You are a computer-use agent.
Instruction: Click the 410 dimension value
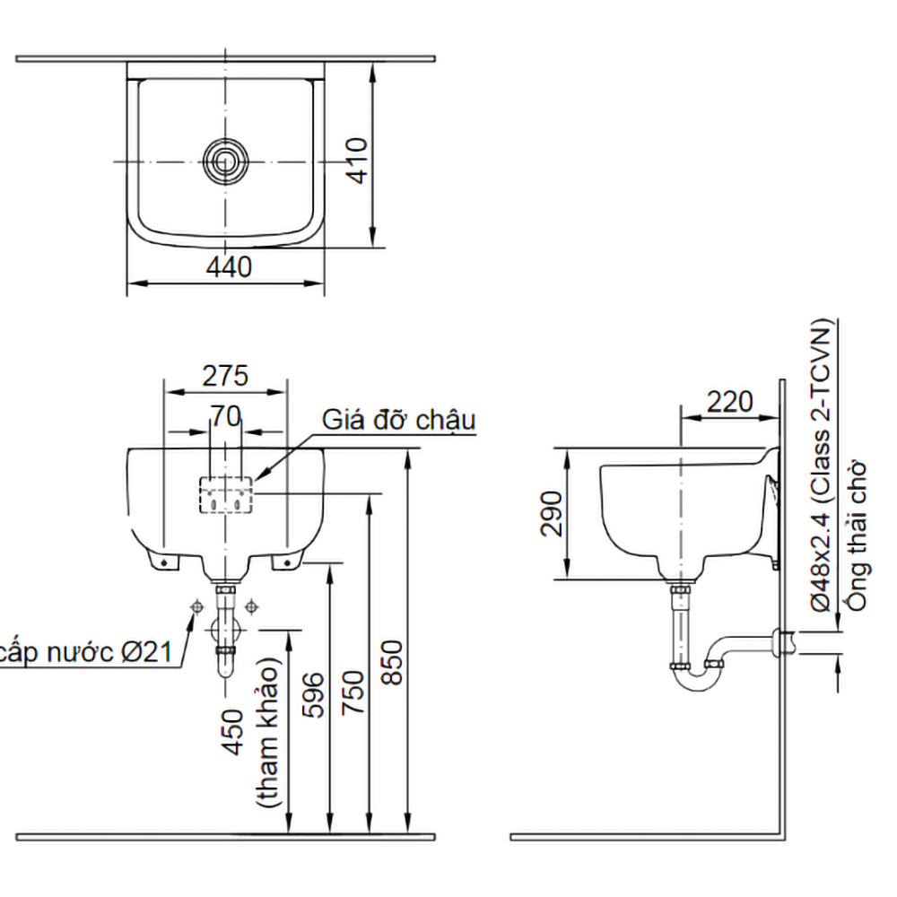tap(357, 160)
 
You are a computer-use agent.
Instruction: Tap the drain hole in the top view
tap(224, 161)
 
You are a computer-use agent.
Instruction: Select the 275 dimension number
tap(224, 376)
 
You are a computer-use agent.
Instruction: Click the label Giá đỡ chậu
tap(398, 420)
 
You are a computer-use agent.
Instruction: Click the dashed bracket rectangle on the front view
tap(226, 495)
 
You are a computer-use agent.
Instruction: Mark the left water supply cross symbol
tap(195, 607)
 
